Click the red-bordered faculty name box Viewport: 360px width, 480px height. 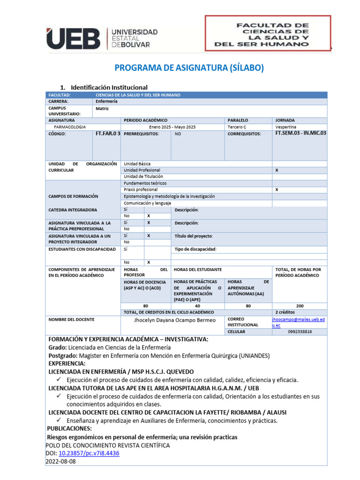(268, 32)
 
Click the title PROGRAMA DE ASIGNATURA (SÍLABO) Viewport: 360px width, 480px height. (189, 68)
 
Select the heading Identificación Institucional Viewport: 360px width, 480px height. (109, 88)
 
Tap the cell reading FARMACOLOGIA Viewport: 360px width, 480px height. (70, 127)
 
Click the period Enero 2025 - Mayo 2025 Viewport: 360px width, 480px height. (172, 127)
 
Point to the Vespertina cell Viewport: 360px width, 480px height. (286, 127)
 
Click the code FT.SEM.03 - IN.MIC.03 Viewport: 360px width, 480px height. (300, 134)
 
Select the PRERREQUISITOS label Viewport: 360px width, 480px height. (141, 134)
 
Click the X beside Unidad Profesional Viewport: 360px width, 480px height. (277, 170)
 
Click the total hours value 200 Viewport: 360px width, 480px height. (300, 306)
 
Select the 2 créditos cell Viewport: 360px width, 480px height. (285, 312)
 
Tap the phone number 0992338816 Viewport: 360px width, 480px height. (300, 331)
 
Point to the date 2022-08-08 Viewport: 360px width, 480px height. (60, 461)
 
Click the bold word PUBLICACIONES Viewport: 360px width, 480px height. (70, 428)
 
